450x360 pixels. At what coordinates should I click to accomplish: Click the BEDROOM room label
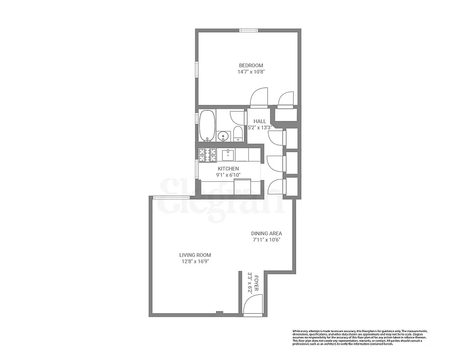(x=251, y=65)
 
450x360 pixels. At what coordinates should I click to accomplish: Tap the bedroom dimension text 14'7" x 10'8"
(x=251, y=72)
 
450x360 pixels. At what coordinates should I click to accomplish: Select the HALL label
(x=260, y=121)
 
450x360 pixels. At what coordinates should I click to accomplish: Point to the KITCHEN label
(x=229, y=169)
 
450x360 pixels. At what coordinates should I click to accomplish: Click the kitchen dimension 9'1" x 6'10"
(x=229, y=175)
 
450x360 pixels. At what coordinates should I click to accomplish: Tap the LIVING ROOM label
(x=195, y=255)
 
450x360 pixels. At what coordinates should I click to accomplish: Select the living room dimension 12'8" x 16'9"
(x=195, y=261)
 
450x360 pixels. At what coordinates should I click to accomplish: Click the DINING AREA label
(x=266, y=234)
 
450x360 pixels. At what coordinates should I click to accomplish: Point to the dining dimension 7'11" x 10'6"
(x=266, y=240)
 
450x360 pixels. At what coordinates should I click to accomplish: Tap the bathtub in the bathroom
(x=207, y=125)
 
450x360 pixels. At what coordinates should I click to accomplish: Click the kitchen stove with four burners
(x=208, y=155)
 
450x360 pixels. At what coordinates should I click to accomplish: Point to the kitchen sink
(x=228, y=155)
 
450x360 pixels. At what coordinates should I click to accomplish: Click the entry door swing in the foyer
(x=252, y=306)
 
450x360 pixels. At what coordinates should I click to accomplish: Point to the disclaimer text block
(x=360, y=337)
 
